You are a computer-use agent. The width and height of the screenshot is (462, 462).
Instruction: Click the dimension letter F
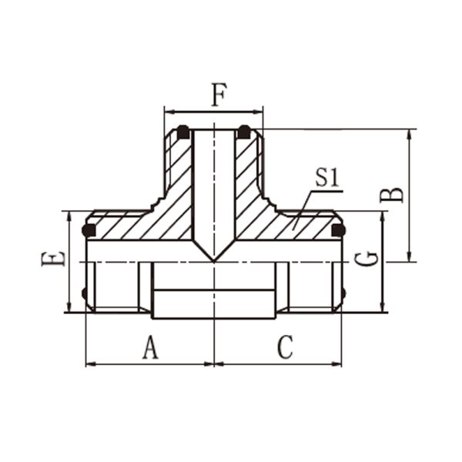(x=219, y=95)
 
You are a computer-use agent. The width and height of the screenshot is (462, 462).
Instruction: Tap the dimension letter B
(x=391, y=195)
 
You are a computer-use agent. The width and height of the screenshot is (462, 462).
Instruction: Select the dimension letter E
(x=53, y=259)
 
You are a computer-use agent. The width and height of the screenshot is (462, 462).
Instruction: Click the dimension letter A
(x=151, y=347)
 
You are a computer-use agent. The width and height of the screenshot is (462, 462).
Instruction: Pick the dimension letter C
(x=285, y=347)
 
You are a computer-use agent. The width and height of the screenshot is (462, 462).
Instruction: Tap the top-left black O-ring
(x=183, y=132)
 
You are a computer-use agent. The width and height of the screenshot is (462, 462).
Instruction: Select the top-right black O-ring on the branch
(x=244, y=132)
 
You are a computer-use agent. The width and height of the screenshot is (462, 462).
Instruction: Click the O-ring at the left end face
(x=89, y=230)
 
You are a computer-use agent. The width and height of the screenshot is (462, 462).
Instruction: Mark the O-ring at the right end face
(x=338, y=230)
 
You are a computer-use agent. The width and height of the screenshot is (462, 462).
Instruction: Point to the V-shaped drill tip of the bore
(x=214, y=261)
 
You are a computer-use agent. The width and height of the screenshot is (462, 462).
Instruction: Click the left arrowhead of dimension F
(x=168, y=112)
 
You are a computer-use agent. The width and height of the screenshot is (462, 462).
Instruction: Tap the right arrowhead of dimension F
(x=259, y=112)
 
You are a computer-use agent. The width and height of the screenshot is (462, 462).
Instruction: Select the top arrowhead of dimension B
(x=409, y=133)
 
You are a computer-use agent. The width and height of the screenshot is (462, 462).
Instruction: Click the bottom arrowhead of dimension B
(x=409, y=257)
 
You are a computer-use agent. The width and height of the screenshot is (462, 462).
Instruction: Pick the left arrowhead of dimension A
(x=90, y=364)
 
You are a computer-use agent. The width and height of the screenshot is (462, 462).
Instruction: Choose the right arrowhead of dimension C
(x=337, y=364)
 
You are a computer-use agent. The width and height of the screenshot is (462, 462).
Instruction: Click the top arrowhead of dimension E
(x=69, y=216)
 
